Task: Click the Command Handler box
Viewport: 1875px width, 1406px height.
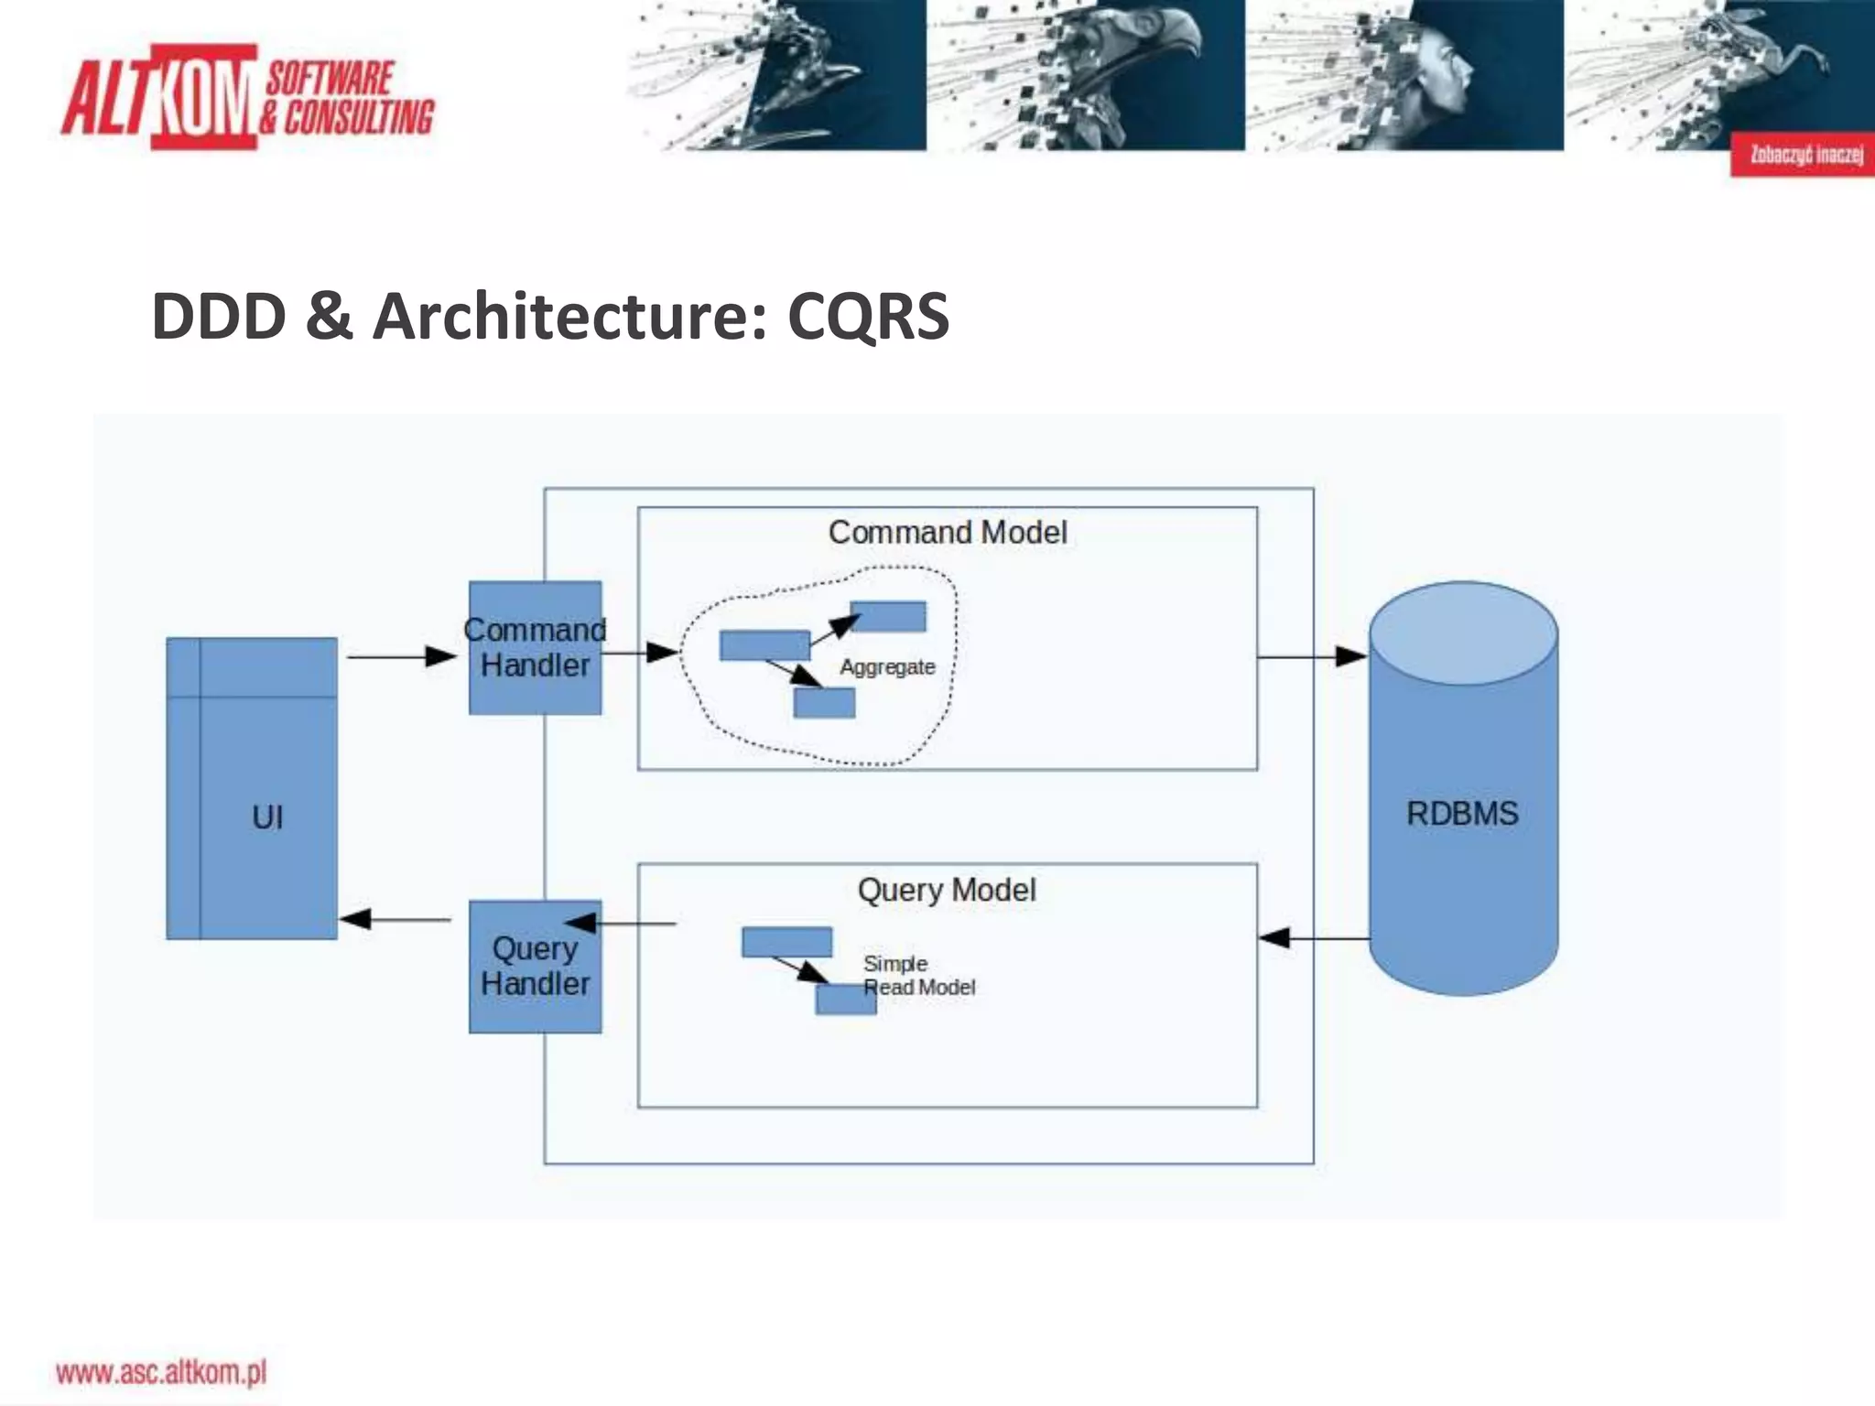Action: click(535, 648)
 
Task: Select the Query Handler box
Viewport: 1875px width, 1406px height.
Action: click(535, 967)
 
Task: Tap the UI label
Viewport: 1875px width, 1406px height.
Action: click(267, 817)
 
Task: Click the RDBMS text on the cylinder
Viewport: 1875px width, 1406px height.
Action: click(1462, 813)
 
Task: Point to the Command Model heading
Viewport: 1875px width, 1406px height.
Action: click(947, 533)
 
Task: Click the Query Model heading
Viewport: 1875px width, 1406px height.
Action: click(947, 890)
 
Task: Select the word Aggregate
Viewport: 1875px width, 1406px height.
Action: click(887, 667)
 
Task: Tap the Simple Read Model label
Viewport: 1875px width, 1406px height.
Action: click(918, 976)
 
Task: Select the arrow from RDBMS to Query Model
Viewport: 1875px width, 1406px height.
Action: click(1314, 937)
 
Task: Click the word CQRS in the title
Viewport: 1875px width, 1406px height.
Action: click(868, 316)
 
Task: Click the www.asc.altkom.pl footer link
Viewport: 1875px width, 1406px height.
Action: click(161, 1372)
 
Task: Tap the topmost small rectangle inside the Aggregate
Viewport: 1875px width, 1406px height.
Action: click(888, 616)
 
